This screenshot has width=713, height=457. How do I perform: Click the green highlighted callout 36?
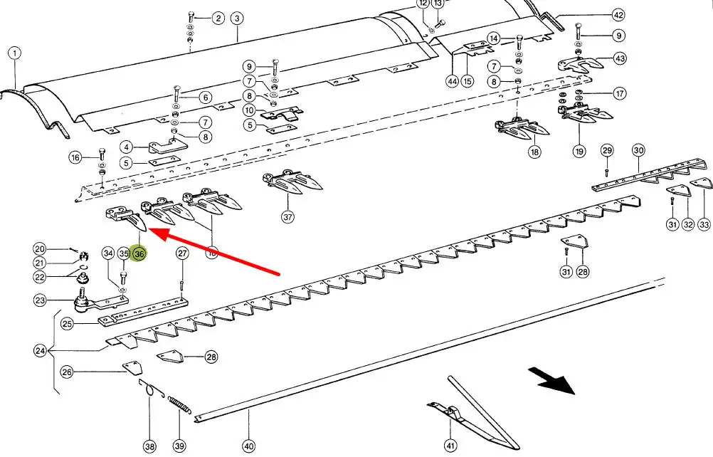139,253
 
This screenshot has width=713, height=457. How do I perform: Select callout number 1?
15,53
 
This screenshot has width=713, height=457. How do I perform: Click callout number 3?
236,18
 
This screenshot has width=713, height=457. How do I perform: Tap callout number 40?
248,446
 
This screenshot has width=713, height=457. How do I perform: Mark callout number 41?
450,446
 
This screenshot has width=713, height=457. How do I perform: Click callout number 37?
287,217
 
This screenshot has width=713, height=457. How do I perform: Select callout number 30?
638,150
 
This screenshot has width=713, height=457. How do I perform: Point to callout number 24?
40,350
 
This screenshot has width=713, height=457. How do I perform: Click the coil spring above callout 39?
180,408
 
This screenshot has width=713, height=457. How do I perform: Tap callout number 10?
248,110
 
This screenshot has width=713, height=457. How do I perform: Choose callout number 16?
75,157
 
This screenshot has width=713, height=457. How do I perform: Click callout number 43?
620,58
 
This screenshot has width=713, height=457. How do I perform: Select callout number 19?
579,151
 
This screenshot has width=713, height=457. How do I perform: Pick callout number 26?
67,372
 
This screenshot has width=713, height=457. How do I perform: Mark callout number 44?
452,81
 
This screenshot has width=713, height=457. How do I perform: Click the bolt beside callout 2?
191,18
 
